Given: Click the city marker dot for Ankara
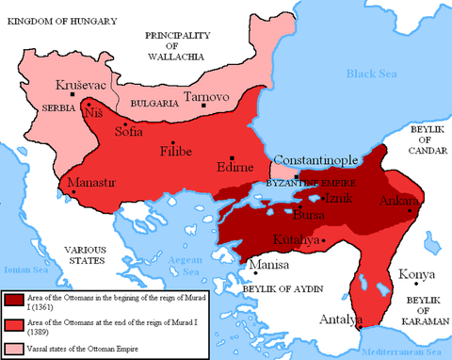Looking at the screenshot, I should pyautogui.click(x=412, y=211).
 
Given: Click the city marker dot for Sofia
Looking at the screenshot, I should pyautogui.click(x=123, y=123).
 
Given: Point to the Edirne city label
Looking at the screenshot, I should pyautogui.click(x=234, y=168).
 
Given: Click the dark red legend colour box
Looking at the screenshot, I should pyautogui.click(x=14, y=301).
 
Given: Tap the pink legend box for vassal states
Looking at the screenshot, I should pyautogui.click(x=14, y=351).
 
